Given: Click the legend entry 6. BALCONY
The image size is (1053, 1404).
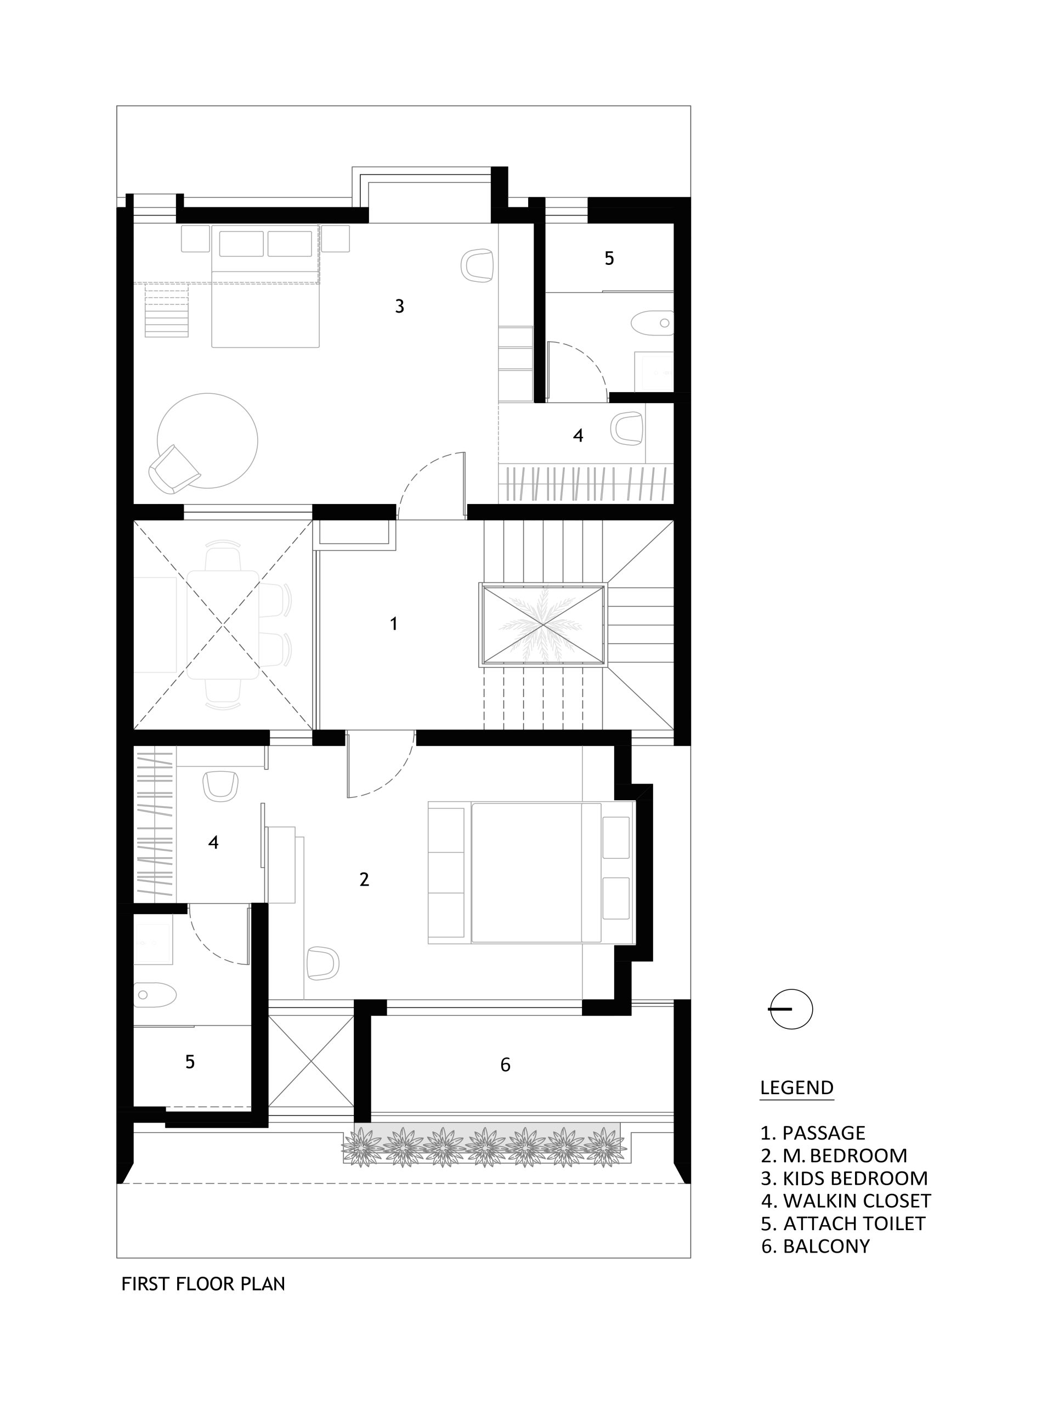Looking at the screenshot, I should point(814,1246).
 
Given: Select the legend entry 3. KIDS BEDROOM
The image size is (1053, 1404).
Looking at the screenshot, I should point(843,1178).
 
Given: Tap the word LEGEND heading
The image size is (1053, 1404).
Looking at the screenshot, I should point(796,1087).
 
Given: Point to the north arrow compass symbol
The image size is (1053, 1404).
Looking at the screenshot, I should point(791,1009).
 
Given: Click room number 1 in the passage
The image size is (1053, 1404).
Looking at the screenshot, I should point(394,624).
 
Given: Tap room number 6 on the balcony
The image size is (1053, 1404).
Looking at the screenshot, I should point(505,1065).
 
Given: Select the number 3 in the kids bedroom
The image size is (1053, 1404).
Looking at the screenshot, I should point(399,307).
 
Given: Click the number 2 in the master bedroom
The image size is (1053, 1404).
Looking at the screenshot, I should point(364,880).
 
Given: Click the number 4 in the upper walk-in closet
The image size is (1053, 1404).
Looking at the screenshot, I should point(578,435).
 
